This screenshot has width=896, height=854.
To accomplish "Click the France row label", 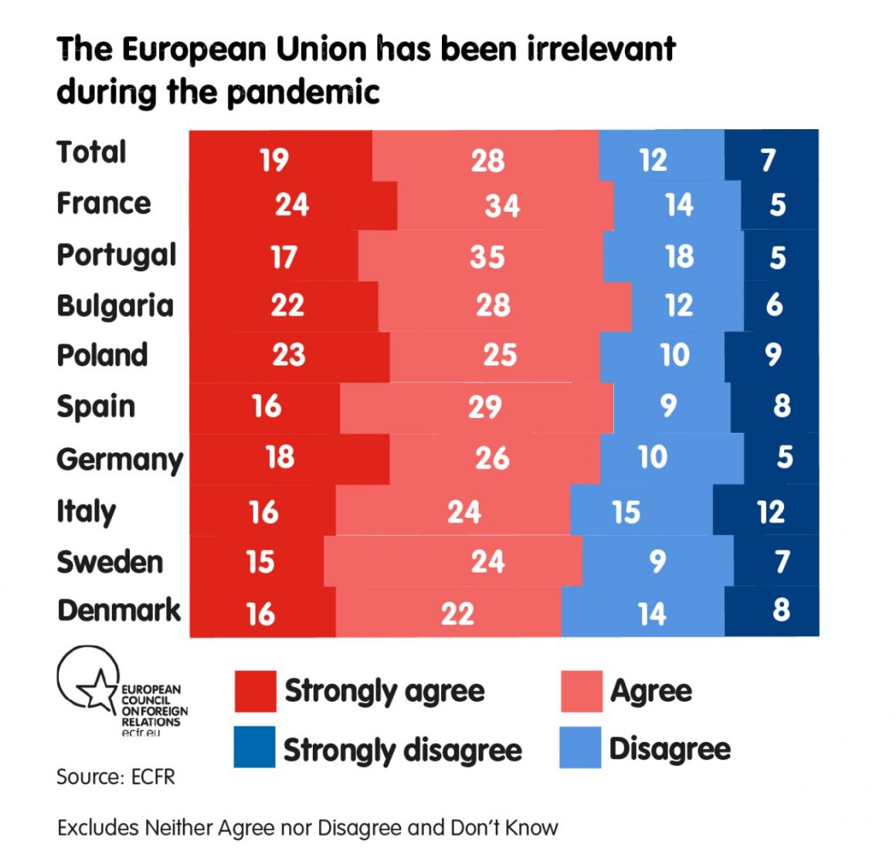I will click(x=104, y=203).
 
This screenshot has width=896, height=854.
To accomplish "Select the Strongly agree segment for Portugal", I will click(x=274, y=256).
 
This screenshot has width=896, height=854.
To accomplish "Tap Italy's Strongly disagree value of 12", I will click(x=771, y=512).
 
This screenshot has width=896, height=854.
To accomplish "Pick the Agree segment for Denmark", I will click(x=449, y=613).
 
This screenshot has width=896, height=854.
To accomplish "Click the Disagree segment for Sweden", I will click(x=657, y=561).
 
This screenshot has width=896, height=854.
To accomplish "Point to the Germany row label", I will click(x=120, y=459).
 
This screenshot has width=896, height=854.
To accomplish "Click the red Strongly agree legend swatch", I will click(x=255, y=691).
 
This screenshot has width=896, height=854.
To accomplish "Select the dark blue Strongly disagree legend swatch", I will click(x=254, y=747).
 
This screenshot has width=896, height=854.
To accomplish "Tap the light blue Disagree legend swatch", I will click(x=580, y=747).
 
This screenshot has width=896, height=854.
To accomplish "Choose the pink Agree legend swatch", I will click(x=581, y=691).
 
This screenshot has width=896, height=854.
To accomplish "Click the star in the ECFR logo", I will click(x=98, y=689).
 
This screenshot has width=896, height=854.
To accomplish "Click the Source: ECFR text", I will click(x=116, y=777).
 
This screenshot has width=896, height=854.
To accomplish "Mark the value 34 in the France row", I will click(x=502, y=206).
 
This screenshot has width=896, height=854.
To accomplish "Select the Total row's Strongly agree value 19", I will click(x=274, y=160).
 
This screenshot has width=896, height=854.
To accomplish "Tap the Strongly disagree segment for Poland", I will click(x=772, y=356).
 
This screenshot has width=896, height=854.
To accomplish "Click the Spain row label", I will click(x=96, y=407).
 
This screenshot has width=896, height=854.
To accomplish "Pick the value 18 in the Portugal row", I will click(x=680, y=257).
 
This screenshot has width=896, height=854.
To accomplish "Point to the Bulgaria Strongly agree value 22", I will click(x=287, y=305).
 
